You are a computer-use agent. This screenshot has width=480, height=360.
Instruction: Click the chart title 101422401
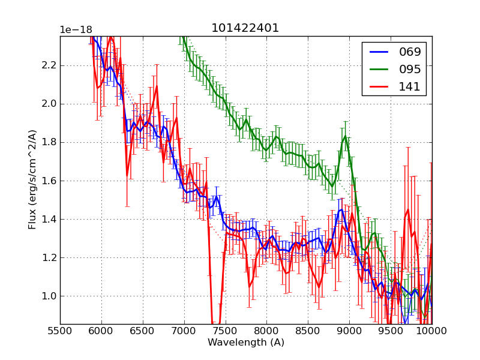[x=245, y=28]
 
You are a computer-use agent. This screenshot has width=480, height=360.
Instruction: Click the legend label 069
[x=410, y=52]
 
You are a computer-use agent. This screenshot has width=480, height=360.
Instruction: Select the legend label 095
[x=410, y=69]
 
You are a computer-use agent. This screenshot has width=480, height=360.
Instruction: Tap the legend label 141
[x=410, y=86]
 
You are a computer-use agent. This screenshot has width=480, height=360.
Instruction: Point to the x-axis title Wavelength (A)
[x=246, y=343]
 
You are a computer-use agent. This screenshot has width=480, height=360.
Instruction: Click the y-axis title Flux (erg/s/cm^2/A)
[x=33, y=179]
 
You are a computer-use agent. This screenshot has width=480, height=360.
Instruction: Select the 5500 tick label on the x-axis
[x=60, y=331]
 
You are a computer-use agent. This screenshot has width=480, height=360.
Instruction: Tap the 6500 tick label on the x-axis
[x=143, y=331]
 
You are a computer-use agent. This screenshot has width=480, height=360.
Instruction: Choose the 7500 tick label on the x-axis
[x=226, y=331]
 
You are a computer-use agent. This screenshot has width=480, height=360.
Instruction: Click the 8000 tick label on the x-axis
[x=266, y=331]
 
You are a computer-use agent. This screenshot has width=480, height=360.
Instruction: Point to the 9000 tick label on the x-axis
[x=349, y=331]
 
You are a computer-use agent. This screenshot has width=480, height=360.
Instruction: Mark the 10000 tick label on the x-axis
[x=431, y=331]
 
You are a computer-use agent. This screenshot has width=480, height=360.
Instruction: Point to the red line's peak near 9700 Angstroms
[x=407, y=209]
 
